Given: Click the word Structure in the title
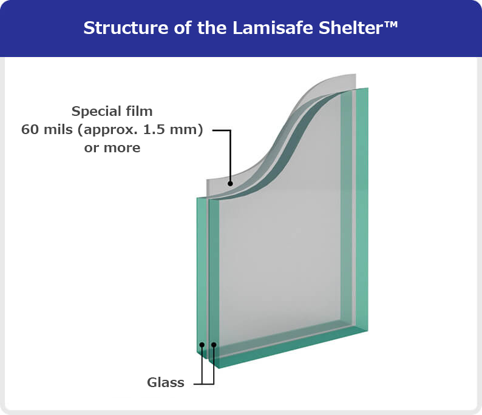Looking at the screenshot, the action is tap(126, 28).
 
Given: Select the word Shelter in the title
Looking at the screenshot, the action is tap(350, 28).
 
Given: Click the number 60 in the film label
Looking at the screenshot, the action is tap(30, 130).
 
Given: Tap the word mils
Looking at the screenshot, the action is tap(58, 129).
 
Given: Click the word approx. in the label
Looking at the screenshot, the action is tap(107, 130).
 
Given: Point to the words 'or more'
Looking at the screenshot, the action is tap(112, 148).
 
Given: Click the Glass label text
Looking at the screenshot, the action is tap(166, 382).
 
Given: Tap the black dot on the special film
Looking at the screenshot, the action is tap(230, 184).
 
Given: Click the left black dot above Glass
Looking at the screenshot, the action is tap(202, 345).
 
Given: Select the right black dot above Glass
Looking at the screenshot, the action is tap(214, 345).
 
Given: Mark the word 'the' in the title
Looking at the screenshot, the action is tap(212, 28).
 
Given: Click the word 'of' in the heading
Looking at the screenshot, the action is tap(183, 28).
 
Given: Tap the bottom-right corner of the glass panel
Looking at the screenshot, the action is tap(368, 331).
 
